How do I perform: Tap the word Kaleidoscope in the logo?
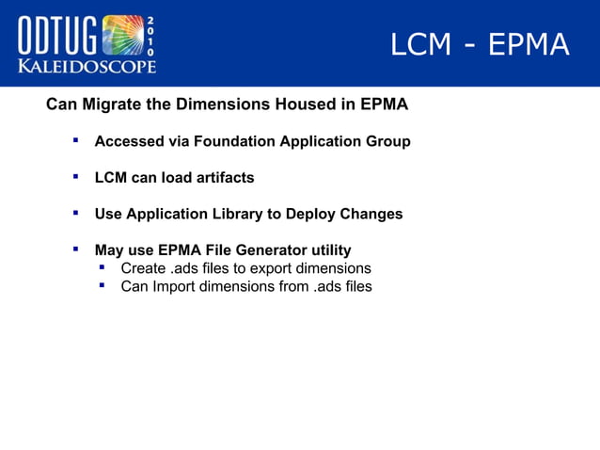coord(87,65)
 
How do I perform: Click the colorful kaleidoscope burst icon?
coord(122,35)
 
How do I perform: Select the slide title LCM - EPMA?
coord(480,44)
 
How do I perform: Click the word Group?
coord(388,141)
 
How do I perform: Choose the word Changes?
coord(372,214)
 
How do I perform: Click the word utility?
coord(329,250)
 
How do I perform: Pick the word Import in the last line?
coord(176,286)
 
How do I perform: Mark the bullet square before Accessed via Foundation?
coord(74,140)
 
